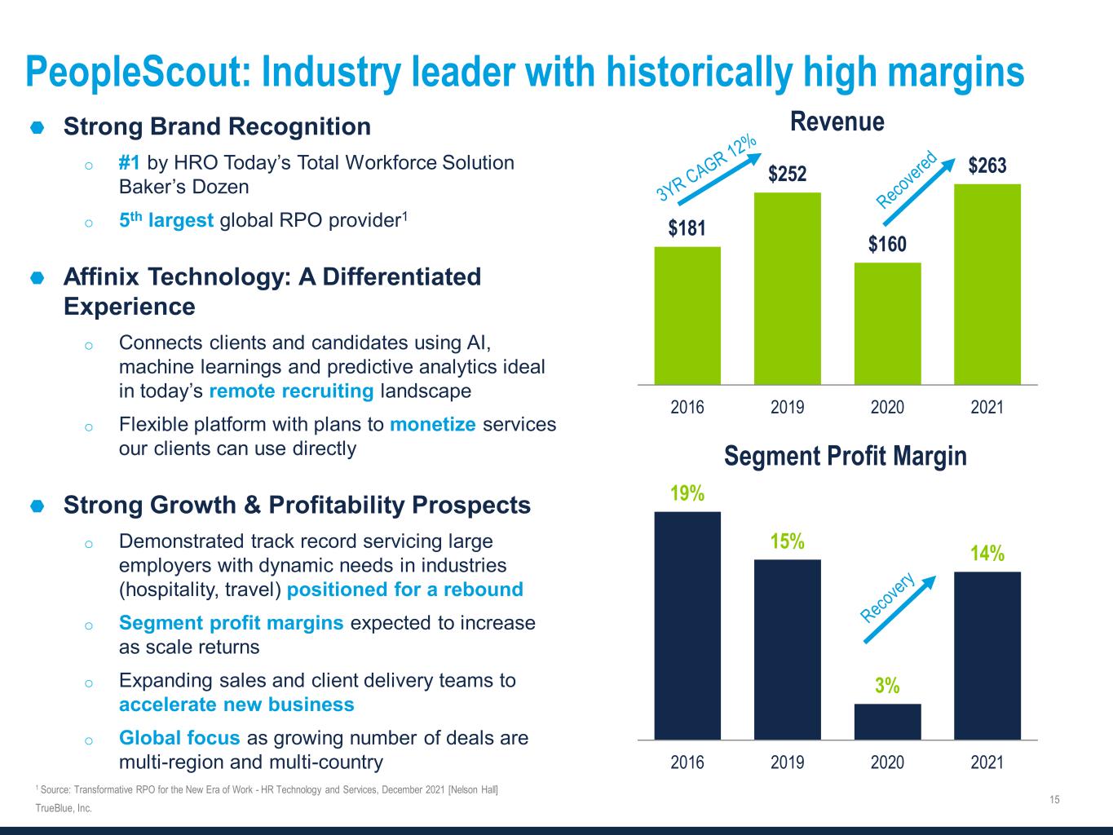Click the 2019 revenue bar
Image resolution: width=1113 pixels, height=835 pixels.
click(787, 289)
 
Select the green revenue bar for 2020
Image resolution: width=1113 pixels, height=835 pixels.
click(887, 324)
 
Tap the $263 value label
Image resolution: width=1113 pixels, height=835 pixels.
click(987, 166)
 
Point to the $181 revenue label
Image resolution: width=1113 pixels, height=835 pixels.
click(687, 228)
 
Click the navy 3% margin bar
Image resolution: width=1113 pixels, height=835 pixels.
click(887, 722)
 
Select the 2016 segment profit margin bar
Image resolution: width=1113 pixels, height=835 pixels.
click(687, 625)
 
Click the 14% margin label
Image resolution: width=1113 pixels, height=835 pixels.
click(987, 554)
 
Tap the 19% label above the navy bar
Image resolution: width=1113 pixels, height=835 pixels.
click(687, 493)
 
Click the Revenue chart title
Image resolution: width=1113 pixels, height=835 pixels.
click(837, 122)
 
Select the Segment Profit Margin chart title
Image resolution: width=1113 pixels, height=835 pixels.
click(845, 456)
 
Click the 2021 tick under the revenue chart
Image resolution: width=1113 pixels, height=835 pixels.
click(987, 407)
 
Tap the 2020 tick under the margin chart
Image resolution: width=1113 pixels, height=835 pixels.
click(887, 762)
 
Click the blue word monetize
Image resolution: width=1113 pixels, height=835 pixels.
click(432, 424)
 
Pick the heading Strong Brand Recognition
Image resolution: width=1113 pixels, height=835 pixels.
click(217, 126)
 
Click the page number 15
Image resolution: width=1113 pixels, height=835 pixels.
click(1054, 799)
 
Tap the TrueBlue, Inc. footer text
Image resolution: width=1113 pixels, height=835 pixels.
click(64, 808)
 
